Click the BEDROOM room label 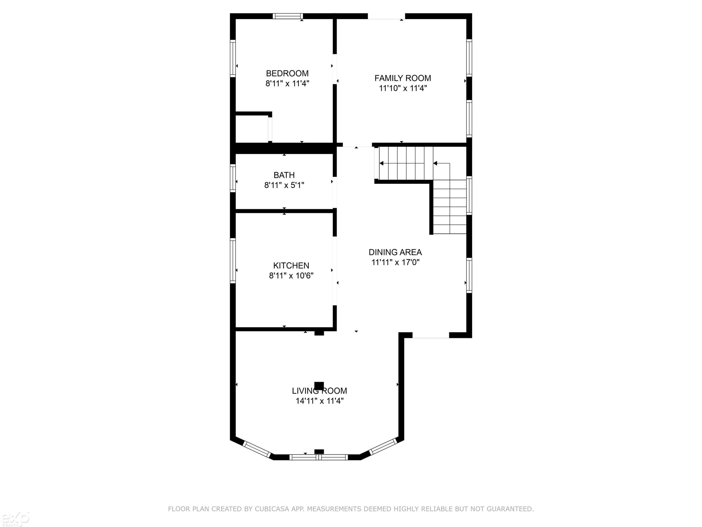pyautogui.click(x=287, y=73)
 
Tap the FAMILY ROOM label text pyautogui.click(x=403, y=78)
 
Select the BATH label pyautogui.click(x=284, y=175)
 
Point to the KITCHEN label pyautogui.click(x=291, y=266)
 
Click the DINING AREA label pyautogui.click(x=395, y=252)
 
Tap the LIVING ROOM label pyautogui.click(x=319, y=391)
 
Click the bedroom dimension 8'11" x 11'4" pyautogui.click(x=287, y=83)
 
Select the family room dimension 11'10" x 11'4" pyautogui.click(x=403, y=88)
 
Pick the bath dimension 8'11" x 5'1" pyautogui.click(x=284, y=185)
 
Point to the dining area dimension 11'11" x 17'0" pyautogui.click(x=395, y=262)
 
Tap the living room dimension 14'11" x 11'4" pyautogui.click(x=319, y=401)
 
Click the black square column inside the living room pyautogui.click(x=319, y=386)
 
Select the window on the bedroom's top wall pyautogui.click(x=288, y=16)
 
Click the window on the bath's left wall pyautogui.click(x=233, y=178)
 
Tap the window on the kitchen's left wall pyautogui.click(x=233, y=260)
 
